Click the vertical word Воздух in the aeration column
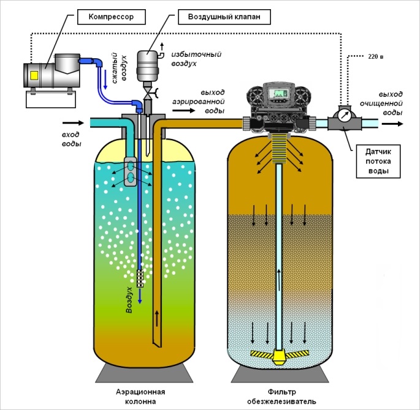pos(129,299)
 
